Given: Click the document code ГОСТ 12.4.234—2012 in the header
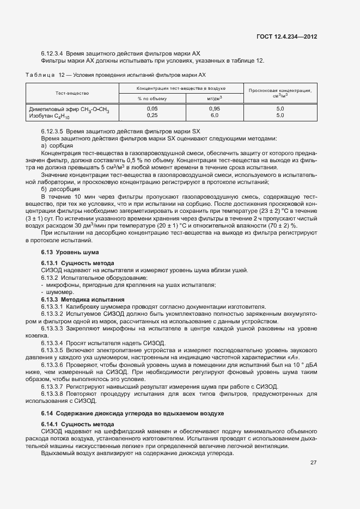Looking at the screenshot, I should point(286,36).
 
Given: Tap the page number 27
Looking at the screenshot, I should point(313,463).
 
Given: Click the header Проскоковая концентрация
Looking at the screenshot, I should point(280,90).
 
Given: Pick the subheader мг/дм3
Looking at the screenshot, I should point(214,99).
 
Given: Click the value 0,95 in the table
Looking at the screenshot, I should point(214,109).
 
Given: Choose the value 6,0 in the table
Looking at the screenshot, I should point(214,115).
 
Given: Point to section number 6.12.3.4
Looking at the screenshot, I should point(52,53).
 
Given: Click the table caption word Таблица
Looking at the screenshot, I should point(41,75).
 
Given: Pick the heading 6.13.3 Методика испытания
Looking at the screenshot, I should point(83,299).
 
